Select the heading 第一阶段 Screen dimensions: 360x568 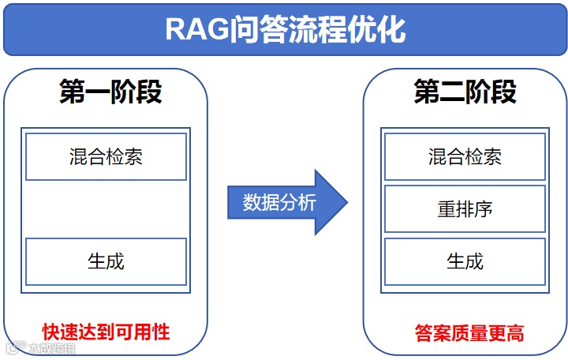[110, 92]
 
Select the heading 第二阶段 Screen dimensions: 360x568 [465, 92]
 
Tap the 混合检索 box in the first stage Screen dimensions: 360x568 [106, 156]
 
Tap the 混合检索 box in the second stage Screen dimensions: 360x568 [465, 156]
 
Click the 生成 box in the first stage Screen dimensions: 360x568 [106, 261]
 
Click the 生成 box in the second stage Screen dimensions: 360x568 [465, 261]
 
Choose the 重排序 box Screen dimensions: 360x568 [465, 209]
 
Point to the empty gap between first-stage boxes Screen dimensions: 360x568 [106, 209]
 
